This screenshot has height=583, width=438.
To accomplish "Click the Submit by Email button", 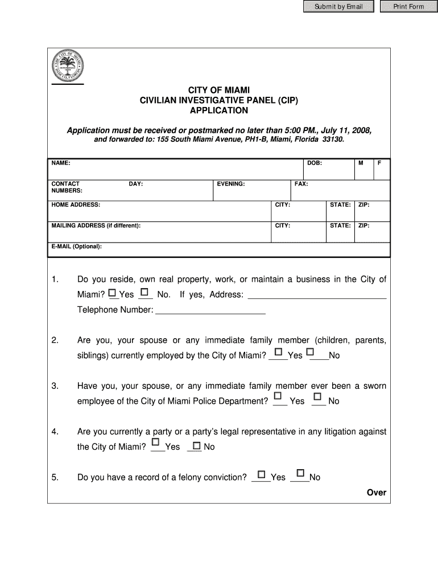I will coord(338,7).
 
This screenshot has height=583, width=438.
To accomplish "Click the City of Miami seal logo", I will coord(68,65).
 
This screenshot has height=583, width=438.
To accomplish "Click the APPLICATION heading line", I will coord(219,110).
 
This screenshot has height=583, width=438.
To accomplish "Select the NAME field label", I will coord(61,163).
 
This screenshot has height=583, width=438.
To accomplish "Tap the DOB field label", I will coord(315,163).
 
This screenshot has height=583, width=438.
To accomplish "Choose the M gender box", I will coord(361,163).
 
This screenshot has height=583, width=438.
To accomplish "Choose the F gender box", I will coord(379,163).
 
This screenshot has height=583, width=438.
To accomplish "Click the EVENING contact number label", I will coord(230,184).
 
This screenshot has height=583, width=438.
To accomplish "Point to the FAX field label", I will coord(301,184).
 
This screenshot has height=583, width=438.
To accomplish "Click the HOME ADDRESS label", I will coord(76,204).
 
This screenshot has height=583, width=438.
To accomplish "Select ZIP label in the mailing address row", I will coord(363,225).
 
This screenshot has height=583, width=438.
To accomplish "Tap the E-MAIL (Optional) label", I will coord(76,247).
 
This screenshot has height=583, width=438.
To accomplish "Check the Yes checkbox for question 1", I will coord(112,293).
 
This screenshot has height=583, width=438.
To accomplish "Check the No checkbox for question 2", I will coord(310,352).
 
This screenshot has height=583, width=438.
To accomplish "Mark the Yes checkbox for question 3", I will coord(278,396).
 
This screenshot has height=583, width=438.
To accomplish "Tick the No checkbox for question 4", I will coord(197,445).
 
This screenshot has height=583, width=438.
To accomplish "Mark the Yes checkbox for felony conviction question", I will coord(261,474).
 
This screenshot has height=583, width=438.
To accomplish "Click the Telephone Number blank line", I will coord(210,311).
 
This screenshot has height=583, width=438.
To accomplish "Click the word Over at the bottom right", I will coord(376,492).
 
